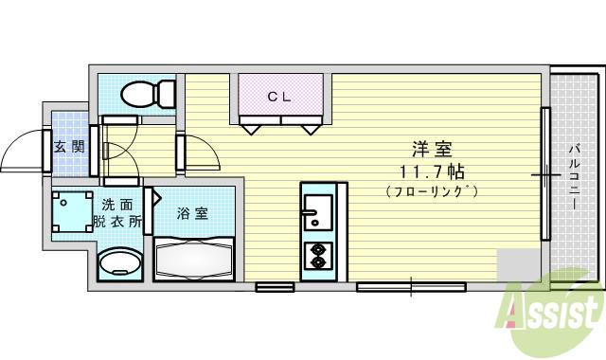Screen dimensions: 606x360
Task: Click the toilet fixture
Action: tap(146, 93)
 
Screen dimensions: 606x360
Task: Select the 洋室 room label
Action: tap(431, 150)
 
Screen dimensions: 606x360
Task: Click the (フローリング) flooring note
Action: tap(431, 192)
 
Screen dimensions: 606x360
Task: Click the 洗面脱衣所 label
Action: tap(117, 213)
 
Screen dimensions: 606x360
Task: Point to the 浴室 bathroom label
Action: tap(193, 213)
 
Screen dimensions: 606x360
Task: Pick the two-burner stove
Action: tap(316, 254)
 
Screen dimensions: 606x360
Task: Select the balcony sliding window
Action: tap(545, 174)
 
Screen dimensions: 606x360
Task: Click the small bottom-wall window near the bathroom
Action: tap(274, 285)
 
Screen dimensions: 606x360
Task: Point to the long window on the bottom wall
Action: tap(411, 285)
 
